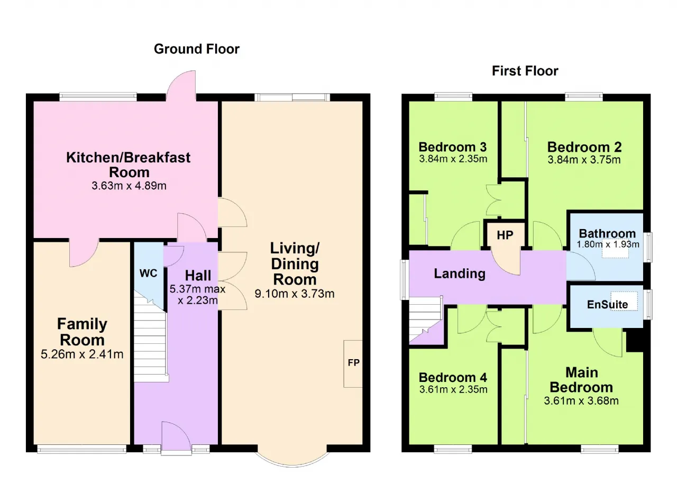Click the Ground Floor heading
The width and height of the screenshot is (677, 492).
pos(196,49)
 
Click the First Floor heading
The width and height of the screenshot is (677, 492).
pos(525,71)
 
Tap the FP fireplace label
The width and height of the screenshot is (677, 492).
pos(354,363)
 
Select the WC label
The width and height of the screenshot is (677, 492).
pos(149,273)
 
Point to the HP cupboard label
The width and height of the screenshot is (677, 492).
pos(505,235)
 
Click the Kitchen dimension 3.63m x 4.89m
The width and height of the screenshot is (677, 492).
pos(129,186)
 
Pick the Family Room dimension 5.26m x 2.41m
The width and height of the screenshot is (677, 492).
pos(82,354)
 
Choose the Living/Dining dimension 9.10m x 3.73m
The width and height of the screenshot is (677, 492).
pos(295,294)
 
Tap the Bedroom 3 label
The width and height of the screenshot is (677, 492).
pos(453,147)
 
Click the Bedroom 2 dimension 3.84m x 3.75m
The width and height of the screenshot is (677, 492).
pos(584,160)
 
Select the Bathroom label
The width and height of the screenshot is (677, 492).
pos(608,234)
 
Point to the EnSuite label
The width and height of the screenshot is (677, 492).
pos(608,304)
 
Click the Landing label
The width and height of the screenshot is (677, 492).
pos(460,274)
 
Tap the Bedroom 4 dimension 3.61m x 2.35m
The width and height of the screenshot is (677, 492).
pos(453,389)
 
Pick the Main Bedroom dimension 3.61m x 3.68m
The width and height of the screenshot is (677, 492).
pos(581,401)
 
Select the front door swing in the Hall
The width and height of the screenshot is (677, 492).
pos(176,438)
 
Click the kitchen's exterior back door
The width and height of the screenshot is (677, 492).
pos(181,86)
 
